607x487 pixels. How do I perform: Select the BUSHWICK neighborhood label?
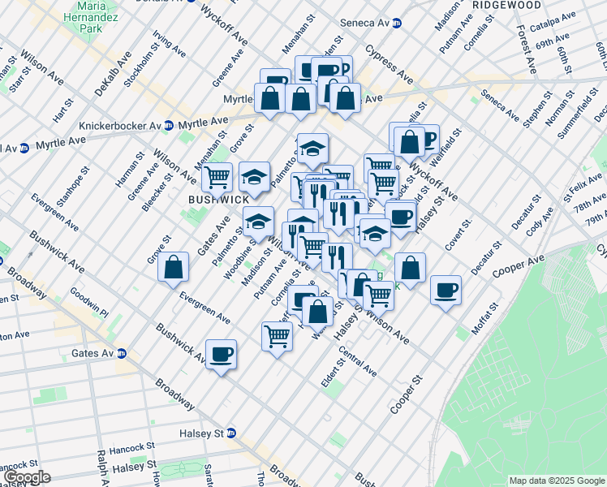[218, 200]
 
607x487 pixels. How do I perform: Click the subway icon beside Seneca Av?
[396, 24]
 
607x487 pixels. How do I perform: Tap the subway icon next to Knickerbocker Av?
[168, 126]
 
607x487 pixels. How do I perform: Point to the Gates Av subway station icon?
[122, 353]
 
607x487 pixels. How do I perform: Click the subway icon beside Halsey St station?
[230, 433]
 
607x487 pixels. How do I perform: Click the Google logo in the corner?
[26, 477]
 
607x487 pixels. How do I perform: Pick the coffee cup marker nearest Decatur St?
[445, 291]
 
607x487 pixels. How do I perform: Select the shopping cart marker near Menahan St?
[217, 177]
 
